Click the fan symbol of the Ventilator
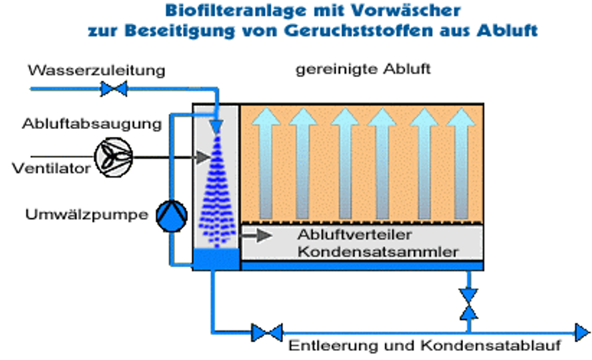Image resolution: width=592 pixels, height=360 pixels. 113,155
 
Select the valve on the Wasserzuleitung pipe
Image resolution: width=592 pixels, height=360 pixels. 113,88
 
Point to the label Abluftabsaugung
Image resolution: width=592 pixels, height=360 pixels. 91,124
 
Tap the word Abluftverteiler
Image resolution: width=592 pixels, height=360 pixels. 355,236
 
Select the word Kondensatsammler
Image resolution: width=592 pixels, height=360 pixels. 378,251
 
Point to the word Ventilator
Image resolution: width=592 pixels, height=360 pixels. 51,168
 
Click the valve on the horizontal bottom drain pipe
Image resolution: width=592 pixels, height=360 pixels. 267,332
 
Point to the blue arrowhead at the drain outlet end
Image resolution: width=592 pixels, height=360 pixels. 581,332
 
